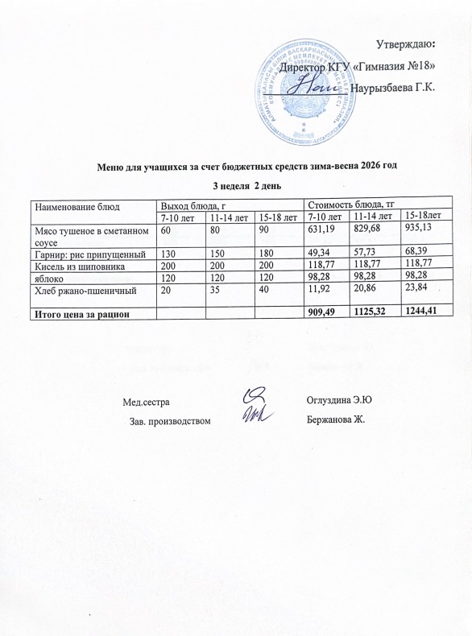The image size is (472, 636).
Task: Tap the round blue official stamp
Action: (304, 89)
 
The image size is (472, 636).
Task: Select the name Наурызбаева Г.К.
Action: (395, 86)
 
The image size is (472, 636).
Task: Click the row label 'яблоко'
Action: (49, 277)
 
